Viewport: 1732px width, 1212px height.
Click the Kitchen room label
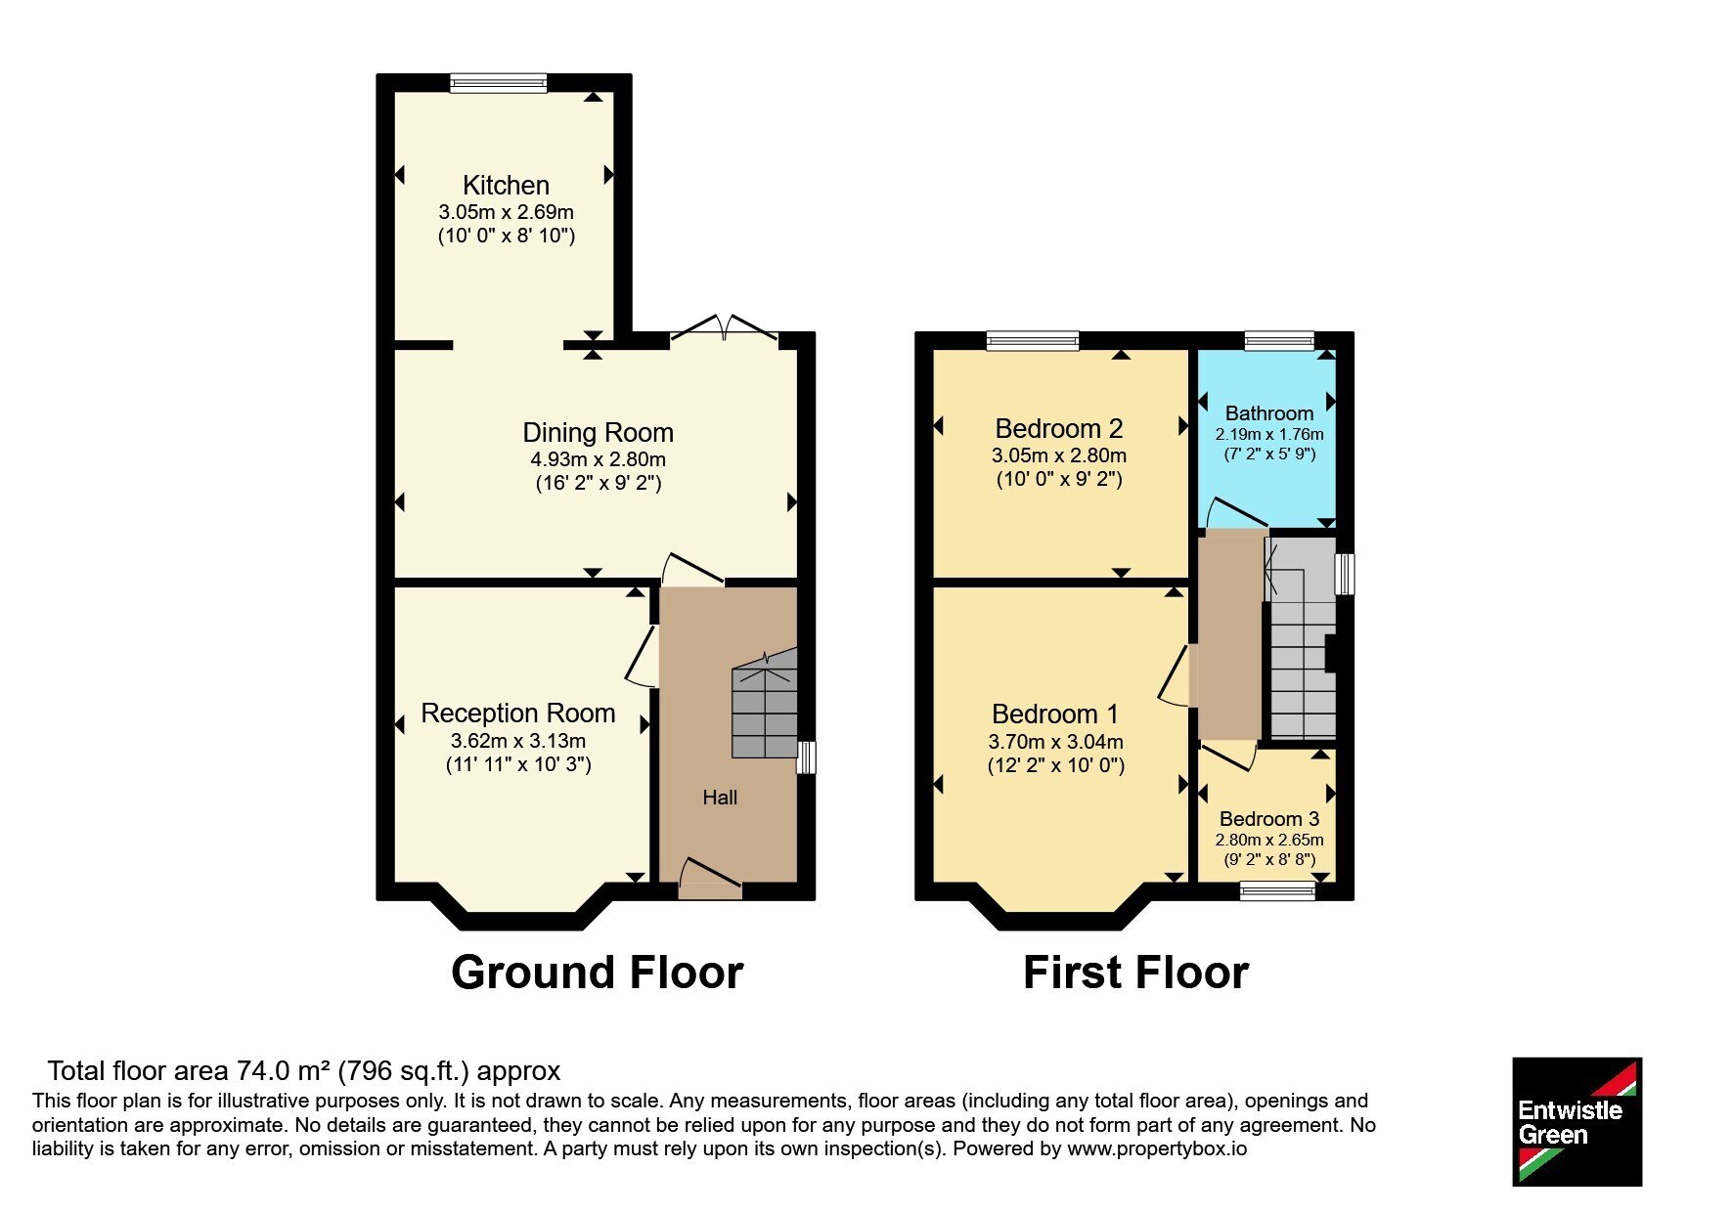506,185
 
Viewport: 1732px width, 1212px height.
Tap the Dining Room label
598,432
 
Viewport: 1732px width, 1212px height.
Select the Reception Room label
518,714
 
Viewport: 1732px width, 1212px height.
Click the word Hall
720,798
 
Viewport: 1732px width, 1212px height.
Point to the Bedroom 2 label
1059,428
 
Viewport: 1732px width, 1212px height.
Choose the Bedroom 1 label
1055,714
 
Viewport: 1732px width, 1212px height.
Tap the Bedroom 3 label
1269,819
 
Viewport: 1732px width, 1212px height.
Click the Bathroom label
1269,413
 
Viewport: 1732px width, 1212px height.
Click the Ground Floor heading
598,973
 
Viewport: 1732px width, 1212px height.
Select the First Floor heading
1135,973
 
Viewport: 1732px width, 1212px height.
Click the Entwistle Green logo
1577,1122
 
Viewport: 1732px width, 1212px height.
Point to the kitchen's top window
499,83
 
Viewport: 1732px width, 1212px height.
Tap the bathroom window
1280,340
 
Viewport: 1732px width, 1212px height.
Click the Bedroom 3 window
1278,890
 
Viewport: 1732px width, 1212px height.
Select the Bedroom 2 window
1034,340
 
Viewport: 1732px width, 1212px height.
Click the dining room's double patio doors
724,329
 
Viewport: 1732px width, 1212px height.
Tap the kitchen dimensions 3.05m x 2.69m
506,212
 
